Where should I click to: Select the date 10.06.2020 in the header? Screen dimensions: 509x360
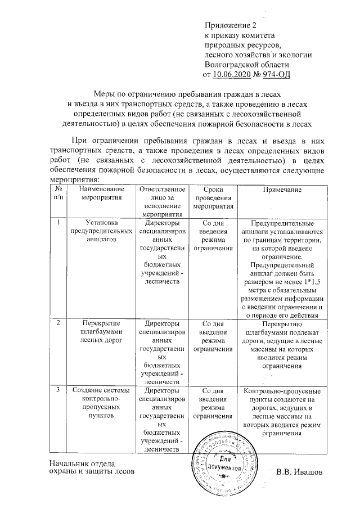tap(229, 73)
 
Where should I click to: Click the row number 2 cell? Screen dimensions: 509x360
tap(59, 323)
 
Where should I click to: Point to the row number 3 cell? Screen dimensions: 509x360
tap(59, 390)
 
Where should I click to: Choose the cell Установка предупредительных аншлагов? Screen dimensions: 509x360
tap(101, 231)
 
